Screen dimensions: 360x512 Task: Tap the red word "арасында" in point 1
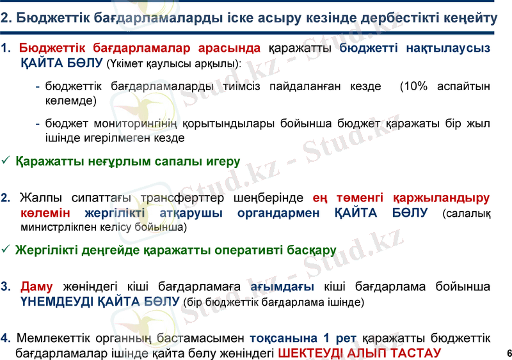pyautogui.click(x=228, y=48)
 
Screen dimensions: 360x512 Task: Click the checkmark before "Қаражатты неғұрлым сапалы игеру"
pyautogui.click(x=6, y=162)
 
